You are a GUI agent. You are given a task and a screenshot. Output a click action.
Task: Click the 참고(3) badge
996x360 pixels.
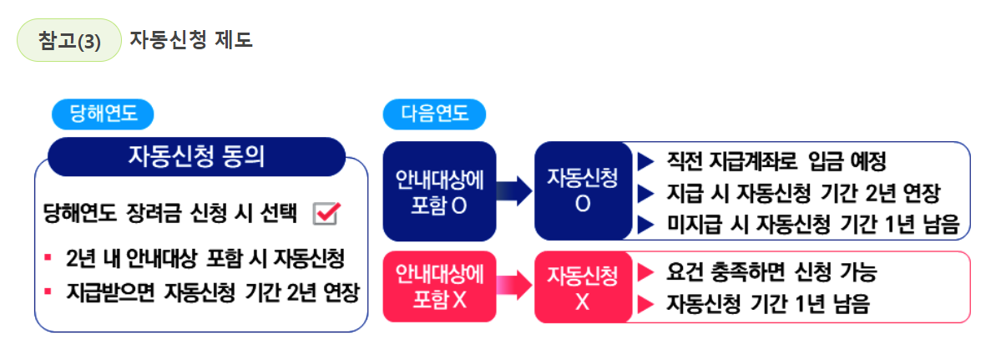pos(69,41)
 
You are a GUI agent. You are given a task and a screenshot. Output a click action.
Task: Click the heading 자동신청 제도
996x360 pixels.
pos(190,40)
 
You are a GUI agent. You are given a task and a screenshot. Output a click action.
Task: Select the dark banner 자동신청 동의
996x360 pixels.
pos(196,156)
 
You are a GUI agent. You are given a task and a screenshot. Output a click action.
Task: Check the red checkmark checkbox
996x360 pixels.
pos(325,214)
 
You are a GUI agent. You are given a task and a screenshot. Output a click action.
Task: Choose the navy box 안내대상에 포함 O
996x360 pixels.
pos(439,191)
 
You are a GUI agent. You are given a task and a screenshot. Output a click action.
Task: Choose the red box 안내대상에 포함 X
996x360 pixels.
pos(439,286)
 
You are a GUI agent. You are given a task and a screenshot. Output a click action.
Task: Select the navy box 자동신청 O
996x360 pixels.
pos(583,191)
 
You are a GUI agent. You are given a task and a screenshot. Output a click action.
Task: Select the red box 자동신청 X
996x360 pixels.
pos(583,286)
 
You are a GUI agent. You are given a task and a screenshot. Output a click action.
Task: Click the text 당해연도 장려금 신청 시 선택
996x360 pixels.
pos(171,214)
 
